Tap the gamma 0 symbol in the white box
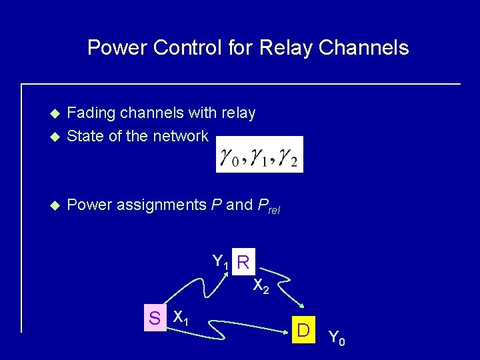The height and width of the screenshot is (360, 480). pos(229,157)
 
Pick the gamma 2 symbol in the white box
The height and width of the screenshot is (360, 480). pos(289,157)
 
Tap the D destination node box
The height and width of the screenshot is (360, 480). pos(303,330)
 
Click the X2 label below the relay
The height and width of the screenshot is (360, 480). pos(261,287)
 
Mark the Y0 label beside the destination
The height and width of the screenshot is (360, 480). pos(337,339)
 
